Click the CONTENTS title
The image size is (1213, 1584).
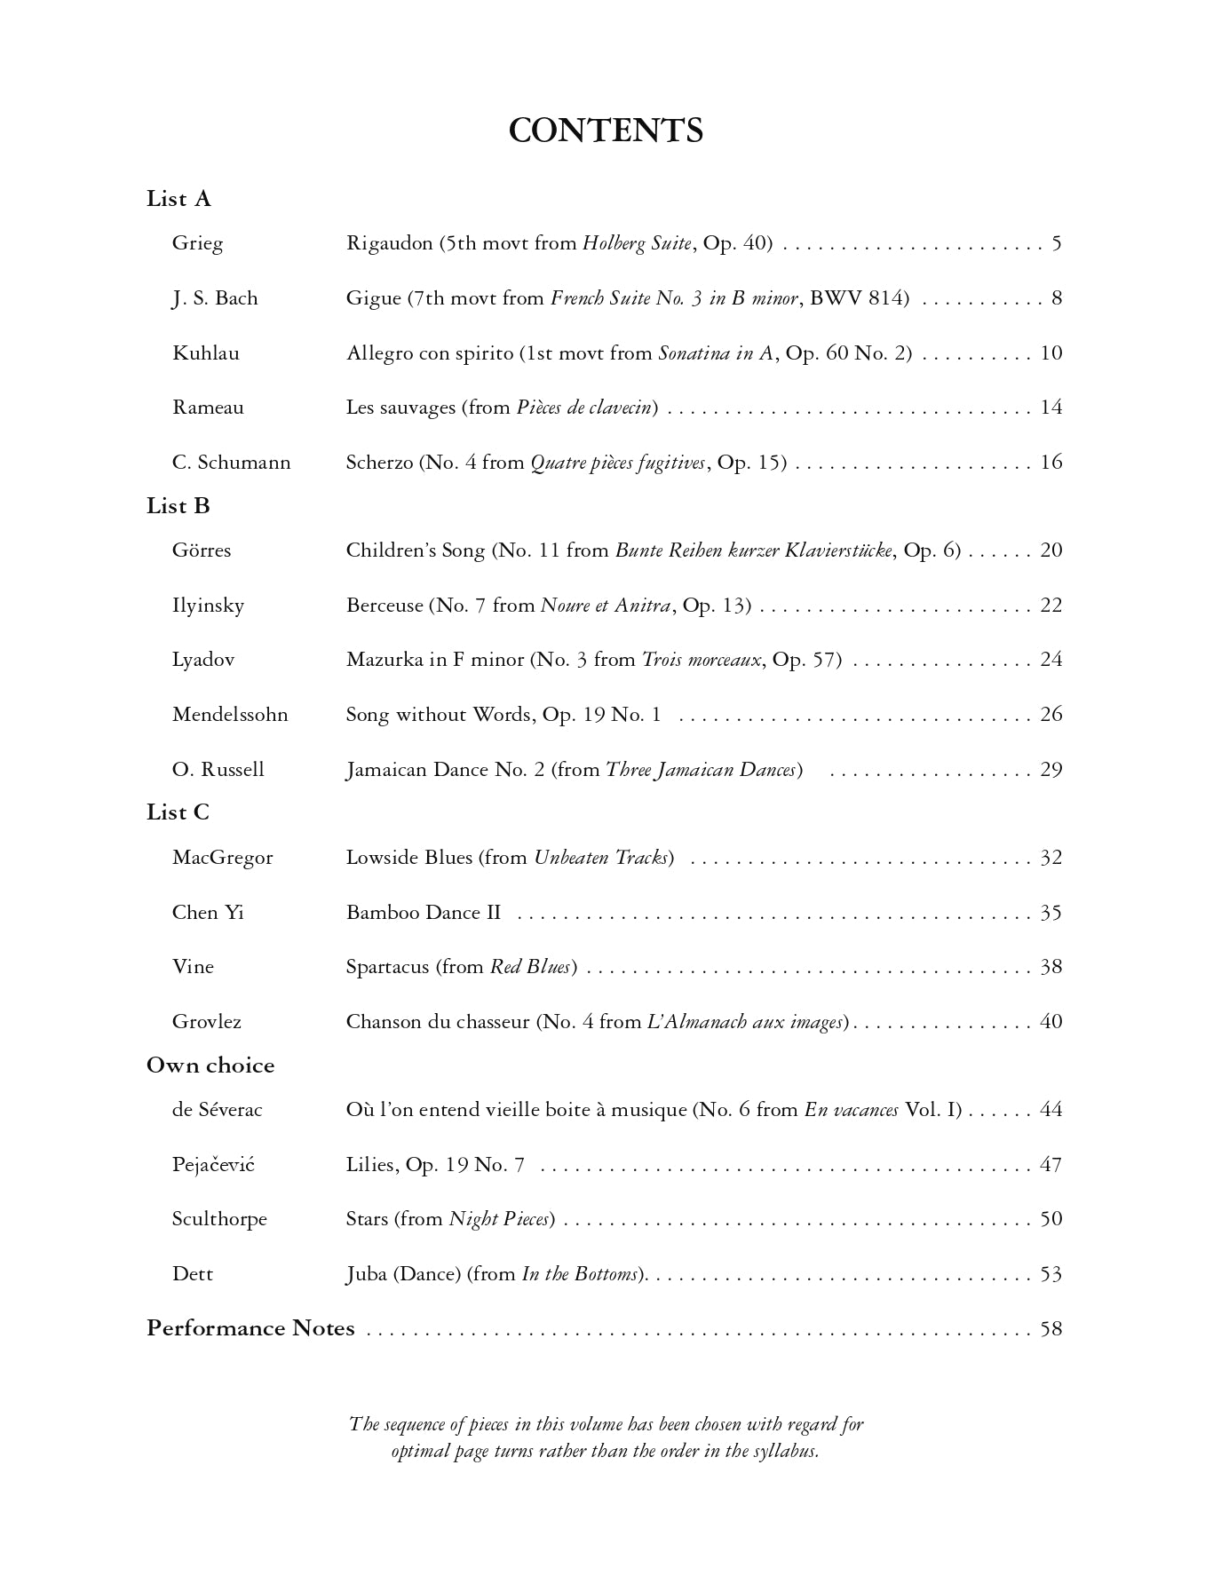606,131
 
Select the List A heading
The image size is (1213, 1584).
178,199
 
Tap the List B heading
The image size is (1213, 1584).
178,506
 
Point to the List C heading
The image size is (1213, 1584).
178,812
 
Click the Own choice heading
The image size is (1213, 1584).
210,1065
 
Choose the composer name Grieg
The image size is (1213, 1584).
197,243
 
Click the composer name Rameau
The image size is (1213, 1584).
208,408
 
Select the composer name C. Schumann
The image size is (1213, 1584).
231,463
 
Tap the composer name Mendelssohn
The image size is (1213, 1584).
230,715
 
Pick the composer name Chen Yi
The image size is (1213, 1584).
208,913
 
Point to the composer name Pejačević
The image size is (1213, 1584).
213,1165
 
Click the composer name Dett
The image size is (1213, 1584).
193,1274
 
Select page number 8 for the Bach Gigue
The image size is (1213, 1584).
1057,298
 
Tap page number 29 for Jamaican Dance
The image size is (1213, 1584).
1051,770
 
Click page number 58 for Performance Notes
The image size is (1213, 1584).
1051,1329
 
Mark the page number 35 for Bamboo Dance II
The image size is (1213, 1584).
1051,914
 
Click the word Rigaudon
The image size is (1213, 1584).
389,243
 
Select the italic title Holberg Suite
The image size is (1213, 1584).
637,243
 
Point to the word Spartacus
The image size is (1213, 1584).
387,967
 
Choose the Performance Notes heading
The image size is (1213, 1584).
250,1328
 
